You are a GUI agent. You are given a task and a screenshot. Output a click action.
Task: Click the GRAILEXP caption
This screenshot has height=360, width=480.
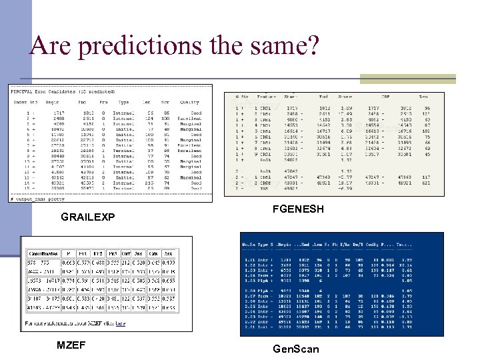pos(88,217)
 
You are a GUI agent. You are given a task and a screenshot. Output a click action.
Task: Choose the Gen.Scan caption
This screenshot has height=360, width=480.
pos(297,349)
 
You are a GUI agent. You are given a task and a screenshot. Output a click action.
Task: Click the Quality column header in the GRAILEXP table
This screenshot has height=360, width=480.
pos(190,103)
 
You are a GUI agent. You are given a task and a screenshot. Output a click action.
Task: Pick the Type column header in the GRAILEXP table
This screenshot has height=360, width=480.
pos(123,103)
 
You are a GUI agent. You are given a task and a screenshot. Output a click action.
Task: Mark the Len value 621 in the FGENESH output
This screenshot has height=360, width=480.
pos(425,183)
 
